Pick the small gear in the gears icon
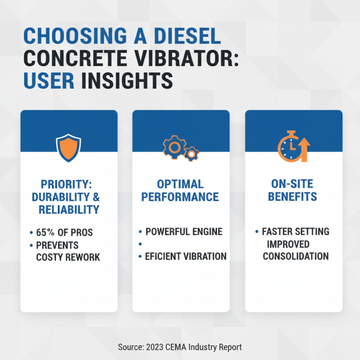tap(191, 154)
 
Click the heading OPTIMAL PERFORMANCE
tap(181, 190)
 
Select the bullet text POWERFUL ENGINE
tap(184, 232)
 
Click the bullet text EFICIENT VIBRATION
tap(185, 256)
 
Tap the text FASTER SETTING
tap(296, 232)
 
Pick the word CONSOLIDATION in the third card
tap(296, 256)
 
